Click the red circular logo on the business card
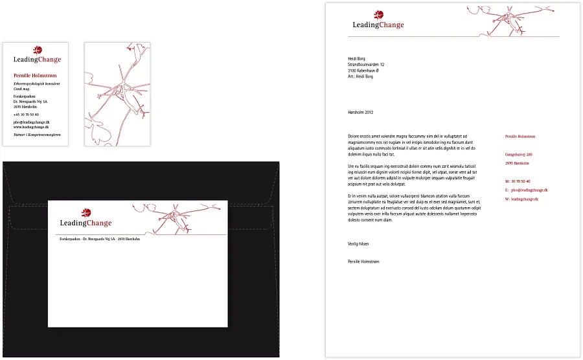38,50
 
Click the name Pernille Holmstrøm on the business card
36,76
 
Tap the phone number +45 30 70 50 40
26,115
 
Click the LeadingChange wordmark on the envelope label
86,223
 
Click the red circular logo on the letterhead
379,15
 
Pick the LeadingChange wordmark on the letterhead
378,25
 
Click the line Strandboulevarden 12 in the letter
366,65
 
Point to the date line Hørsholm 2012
361,112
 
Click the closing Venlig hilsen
359,243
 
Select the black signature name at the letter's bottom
363,262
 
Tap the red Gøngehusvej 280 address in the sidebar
518,155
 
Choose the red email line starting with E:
526,190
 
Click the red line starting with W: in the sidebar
521,199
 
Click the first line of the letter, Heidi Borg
357,59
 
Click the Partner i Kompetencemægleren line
37,135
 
